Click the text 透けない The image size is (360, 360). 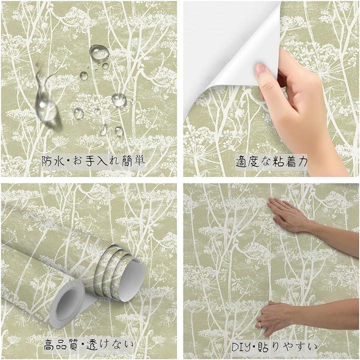coord(110,344)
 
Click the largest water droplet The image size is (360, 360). coord(99,52)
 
